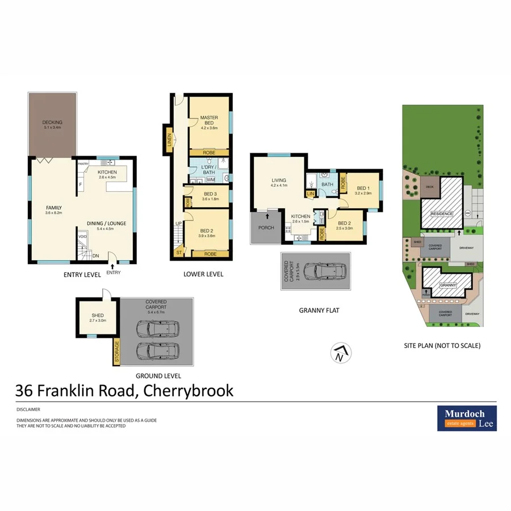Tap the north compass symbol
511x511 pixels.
point(339,354)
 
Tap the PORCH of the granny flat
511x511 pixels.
point(266,228)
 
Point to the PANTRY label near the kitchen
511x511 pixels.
point(84,164)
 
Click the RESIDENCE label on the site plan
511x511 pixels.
point(442,213)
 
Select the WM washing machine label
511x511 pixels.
point(210,180)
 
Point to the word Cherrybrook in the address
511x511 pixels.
point(189,391)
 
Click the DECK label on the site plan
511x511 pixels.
point(429,186)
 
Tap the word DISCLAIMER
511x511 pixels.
point(28,408)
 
